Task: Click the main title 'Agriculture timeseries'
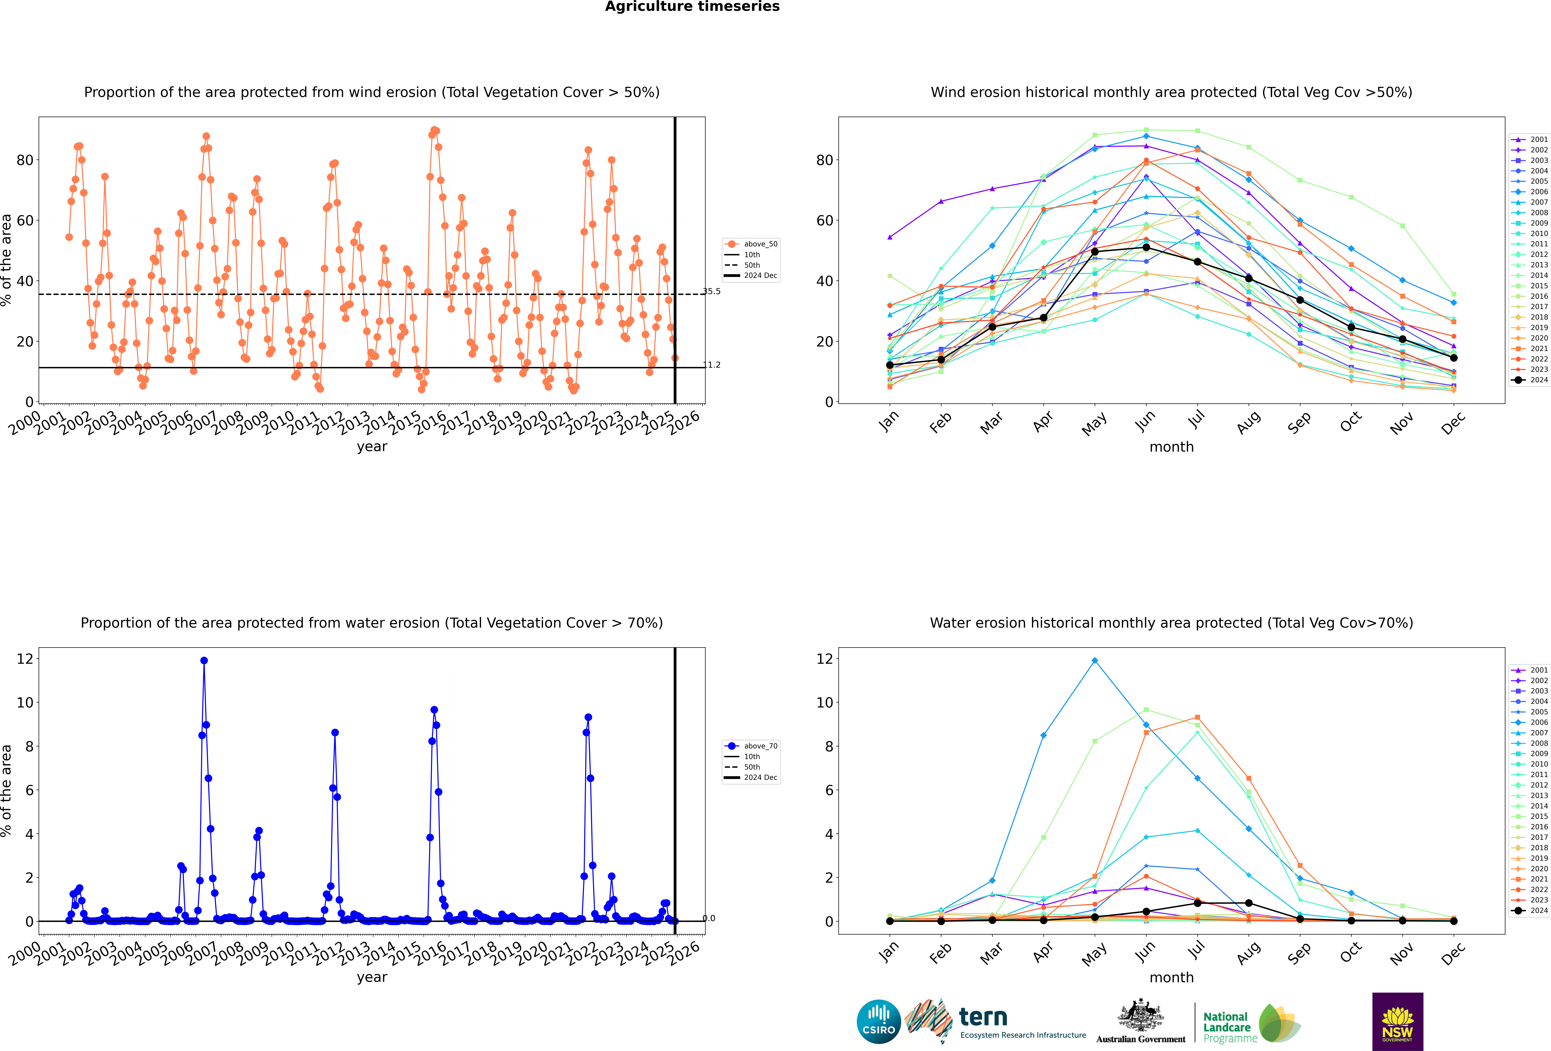(x=692, y=7)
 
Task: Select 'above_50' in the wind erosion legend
(x=760, y=244)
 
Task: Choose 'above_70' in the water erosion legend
(x=760, y=746)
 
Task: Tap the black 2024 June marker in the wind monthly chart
(x=1146, y=248)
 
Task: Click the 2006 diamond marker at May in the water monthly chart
(x=1095, y=661)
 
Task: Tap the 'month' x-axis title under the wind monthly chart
(x=1171, y=447)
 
